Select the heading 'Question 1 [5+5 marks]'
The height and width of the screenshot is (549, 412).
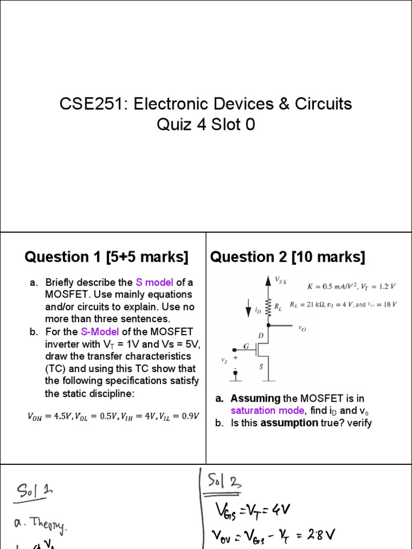click(107, 257)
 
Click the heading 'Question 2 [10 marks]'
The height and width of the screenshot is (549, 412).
click(288, 257)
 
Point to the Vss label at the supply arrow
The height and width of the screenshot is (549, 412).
click(280, 279)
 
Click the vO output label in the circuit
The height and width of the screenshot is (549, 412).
click(302, 326)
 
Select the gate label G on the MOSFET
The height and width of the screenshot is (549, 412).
click(247, 347)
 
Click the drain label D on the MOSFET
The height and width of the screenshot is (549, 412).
click(261, 335)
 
